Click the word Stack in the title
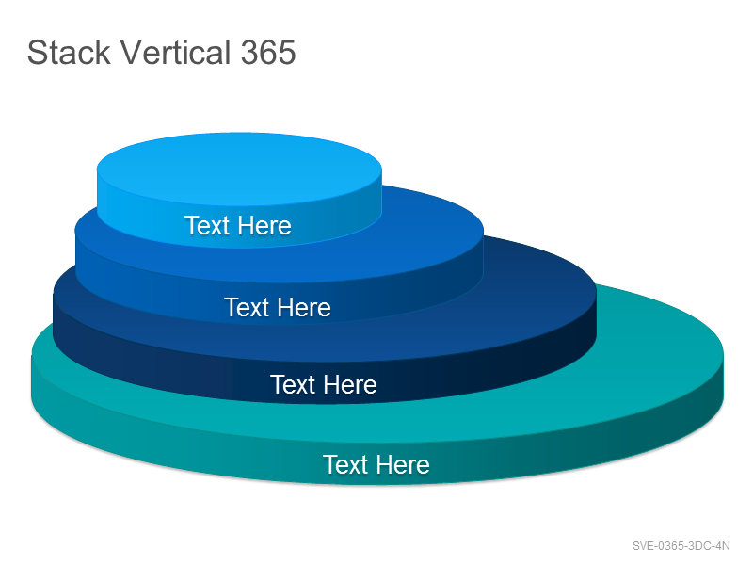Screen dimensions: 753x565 (x=69, y=52)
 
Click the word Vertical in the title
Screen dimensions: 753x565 (x=175, y=52)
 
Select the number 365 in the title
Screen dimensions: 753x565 (x=268, y=52)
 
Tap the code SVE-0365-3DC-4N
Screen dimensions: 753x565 (x=681, y=546)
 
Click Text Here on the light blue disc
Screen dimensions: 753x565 (x=238, y=225)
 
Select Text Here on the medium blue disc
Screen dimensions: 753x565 (x=277, y=308)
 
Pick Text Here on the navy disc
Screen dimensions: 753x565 (x=323, y=384)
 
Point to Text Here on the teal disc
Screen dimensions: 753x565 (x=376, y=464)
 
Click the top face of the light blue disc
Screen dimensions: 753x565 (x=239, y=169)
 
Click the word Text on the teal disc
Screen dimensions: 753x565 (x=345, y=464)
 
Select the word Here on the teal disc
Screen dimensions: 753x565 (x=403, y=464)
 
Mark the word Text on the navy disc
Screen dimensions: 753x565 (x=293, y=384)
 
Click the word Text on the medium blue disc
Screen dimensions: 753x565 (x=247, y=308)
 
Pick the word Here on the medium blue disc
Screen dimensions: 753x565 (x=303, y=308)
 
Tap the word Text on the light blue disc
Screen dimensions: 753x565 (x=207, y=225)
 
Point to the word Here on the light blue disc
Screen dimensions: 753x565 (x=264, y=225)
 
